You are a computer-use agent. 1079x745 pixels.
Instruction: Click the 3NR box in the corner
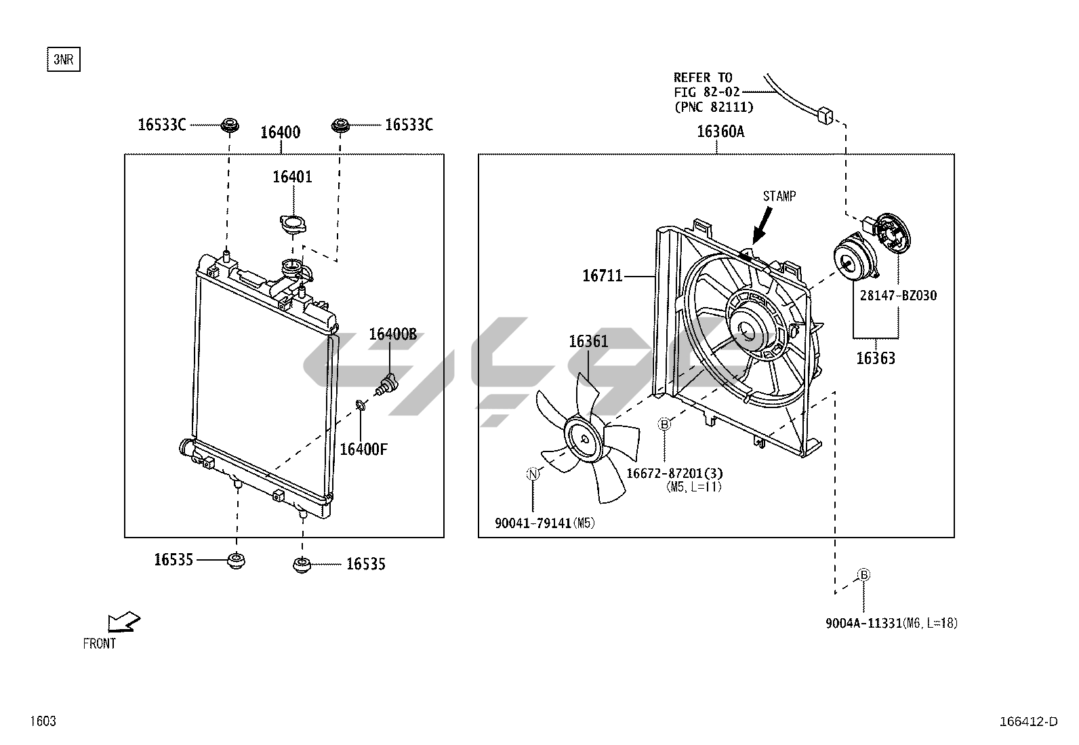(63, 60)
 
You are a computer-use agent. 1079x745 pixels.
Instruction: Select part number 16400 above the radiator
(280, 132)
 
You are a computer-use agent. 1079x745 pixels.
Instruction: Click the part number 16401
(292, 177)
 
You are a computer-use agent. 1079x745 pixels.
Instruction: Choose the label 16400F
(363, 449)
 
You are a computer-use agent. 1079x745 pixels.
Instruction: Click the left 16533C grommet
(230, 125)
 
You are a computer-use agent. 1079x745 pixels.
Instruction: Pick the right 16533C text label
(409, 125)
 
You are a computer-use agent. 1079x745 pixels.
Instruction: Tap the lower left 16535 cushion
(237, 561)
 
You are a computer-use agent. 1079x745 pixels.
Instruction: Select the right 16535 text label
(366, 564)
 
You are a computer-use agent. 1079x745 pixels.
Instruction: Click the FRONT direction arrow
(124, 620)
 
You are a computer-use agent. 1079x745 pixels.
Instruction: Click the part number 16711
(602, 276)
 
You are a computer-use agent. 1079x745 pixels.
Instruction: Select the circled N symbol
(533, 474)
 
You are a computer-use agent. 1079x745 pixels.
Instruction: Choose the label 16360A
(720, 132)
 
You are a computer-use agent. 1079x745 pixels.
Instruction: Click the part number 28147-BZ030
(899, 296)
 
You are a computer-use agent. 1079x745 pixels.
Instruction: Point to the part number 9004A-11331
(864, 624)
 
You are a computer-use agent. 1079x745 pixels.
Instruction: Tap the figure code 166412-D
(1028, 721)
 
